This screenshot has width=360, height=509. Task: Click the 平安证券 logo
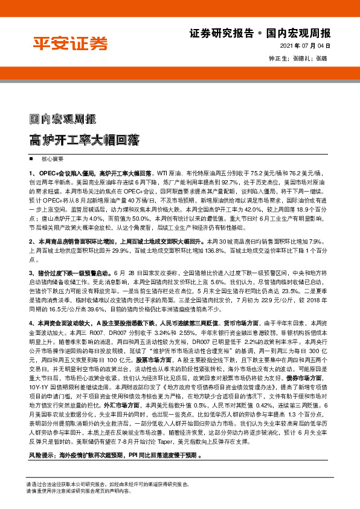coord(70,42)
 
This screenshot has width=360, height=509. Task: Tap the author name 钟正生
coord(277,59)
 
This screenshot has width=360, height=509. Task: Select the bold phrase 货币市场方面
coord(242,323)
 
